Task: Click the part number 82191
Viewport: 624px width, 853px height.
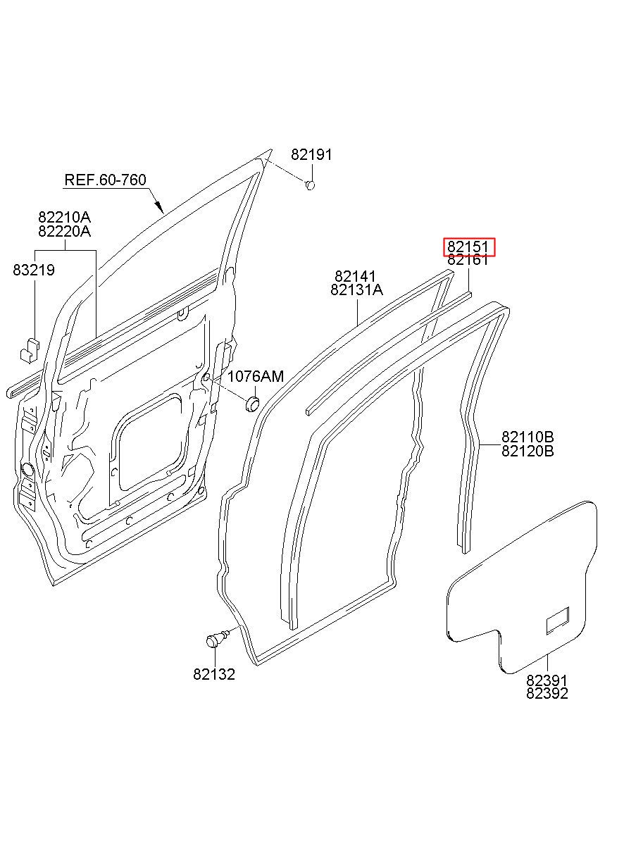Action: (311, 155)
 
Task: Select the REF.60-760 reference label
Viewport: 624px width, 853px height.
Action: (106, 180)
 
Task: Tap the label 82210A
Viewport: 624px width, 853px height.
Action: (64, 217)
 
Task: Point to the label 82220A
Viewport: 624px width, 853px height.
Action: (64, 231)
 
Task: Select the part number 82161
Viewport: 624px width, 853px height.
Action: (468, 261)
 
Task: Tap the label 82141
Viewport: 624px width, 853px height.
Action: (355, 276)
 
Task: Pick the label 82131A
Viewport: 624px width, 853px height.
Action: (358, 290)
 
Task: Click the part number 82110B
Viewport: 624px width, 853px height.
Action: (528, 437)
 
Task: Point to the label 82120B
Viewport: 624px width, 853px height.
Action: (528, 451)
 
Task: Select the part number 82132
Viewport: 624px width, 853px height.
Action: (214, 674)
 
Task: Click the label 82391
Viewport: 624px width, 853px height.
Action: (547, 680)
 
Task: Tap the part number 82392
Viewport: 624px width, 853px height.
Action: (547, 693)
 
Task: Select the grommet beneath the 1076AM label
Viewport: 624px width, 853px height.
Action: (251, 404)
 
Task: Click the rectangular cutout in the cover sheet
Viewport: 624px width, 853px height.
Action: (559, 619)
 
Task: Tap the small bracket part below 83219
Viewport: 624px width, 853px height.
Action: (28, 348)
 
